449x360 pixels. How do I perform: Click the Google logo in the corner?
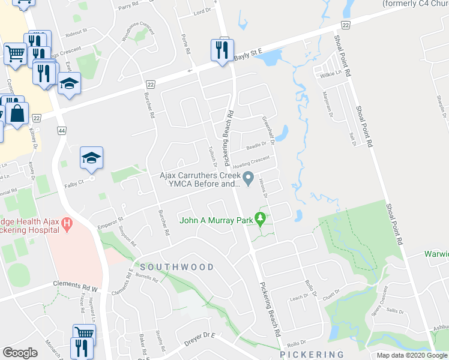[20, 353]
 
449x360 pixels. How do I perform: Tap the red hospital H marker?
[67, 224]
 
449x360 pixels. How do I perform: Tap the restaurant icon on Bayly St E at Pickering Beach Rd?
[220, 50]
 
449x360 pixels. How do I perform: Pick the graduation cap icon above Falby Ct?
[91, 158]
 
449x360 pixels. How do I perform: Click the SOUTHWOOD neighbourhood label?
[177, 266]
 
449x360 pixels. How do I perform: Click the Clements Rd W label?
[75, 283]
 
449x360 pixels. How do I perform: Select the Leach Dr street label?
[298, 298]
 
